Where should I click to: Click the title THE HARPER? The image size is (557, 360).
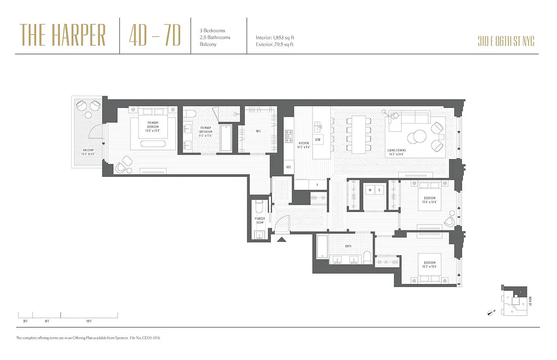(63, 35)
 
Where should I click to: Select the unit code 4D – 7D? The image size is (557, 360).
(154, 35)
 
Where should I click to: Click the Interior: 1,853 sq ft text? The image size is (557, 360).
(275, 38)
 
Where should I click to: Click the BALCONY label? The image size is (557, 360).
(88, 152)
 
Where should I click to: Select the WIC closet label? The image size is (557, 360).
(258, 131)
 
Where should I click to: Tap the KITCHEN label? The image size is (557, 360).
(303, 144)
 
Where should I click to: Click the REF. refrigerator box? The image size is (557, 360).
(289, 167)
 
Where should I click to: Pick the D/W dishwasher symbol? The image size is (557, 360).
(318, 139)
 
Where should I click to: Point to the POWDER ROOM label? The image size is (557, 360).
(260, 220)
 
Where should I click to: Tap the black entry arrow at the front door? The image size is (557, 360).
(281, 240)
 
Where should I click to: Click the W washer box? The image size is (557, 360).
(370, 189)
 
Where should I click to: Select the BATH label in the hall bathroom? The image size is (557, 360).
(348, 246)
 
